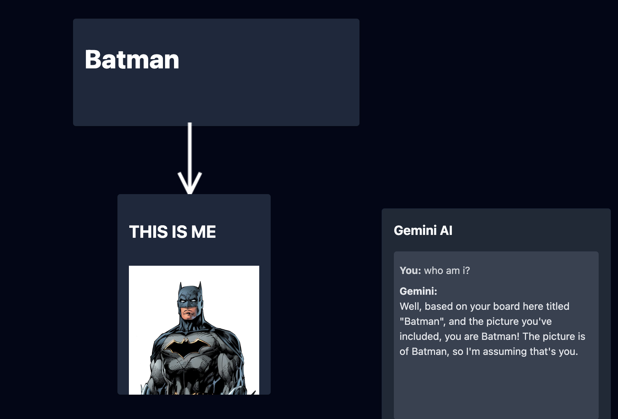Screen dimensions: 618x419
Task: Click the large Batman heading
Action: tap(132, 59)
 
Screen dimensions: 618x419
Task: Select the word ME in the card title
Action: tap(203, 232)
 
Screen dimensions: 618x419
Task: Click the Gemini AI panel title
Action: tap(423, 230)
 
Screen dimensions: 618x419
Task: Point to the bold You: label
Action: tap(410, 270)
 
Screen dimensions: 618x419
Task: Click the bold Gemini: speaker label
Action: tap(419, 291)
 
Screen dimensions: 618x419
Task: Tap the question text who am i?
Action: tap(447, 270)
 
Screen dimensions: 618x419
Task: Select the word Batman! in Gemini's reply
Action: tap(500, 336)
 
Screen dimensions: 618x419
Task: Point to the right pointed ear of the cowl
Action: tap(200, 286)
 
